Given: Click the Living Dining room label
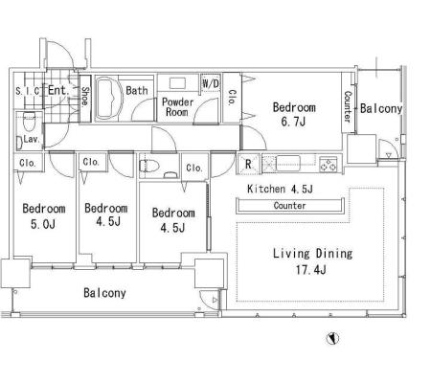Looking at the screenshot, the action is (x=312, y=254).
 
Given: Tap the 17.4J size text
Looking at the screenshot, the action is (x=310, y=270).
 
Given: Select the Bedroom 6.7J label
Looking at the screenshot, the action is (x=294, y=114).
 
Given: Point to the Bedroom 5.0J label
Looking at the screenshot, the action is (x=44, y=216).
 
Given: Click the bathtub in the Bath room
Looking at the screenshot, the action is (x=110, y=99).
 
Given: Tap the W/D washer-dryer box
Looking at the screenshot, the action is (x=211, y=83).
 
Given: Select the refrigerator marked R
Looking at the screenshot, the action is (x=248, y=164).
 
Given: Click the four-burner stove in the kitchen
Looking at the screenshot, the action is (x=328, y=165).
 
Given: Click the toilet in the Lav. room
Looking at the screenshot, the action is (x=29, y=122).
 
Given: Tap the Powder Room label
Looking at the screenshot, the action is (x=177, y=107).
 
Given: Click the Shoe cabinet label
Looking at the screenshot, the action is (x=85, y=97).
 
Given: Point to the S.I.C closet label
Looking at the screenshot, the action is (x=28, y=91).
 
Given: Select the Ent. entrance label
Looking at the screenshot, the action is (x=58, y=90).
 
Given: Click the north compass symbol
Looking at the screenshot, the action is (x=332, y=338).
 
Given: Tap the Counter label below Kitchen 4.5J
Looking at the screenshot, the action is (x=289, y=206).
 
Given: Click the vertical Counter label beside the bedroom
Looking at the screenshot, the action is (x=348, y=106).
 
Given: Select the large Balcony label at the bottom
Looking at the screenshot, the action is (x=104, y=293).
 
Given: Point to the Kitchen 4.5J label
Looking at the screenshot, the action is (x=280, y=189).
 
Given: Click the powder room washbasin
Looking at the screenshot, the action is (x=177, y=83).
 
